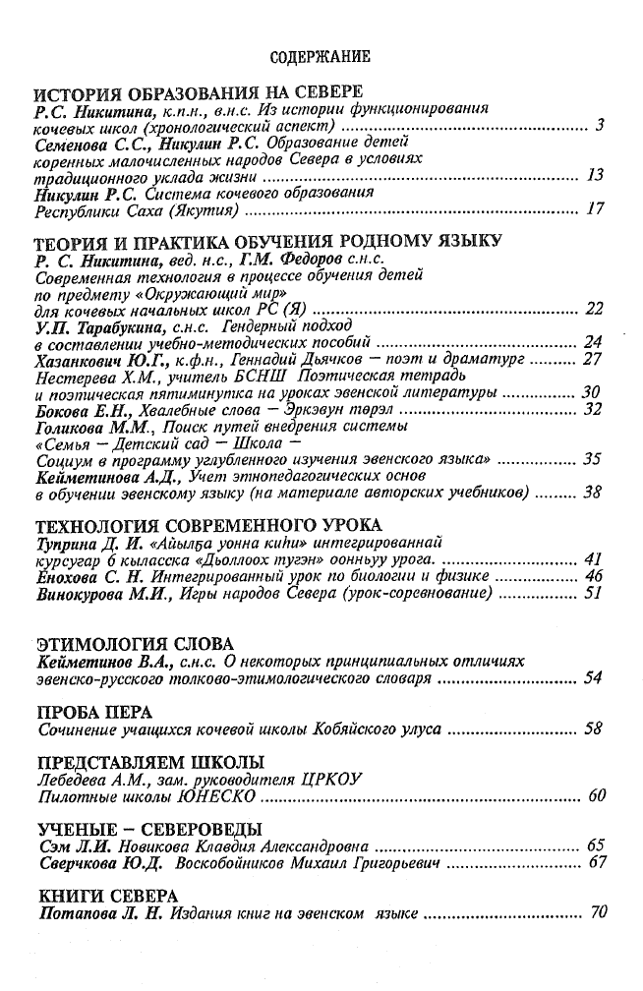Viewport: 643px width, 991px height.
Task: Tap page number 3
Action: point(599,127)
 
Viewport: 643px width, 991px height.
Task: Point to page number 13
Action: point(593,176)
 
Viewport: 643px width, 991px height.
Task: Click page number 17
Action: point(593,208)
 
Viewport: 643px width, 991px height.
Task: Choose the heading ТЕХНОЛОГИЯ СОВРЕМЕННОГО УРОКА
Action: point(207,523)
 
